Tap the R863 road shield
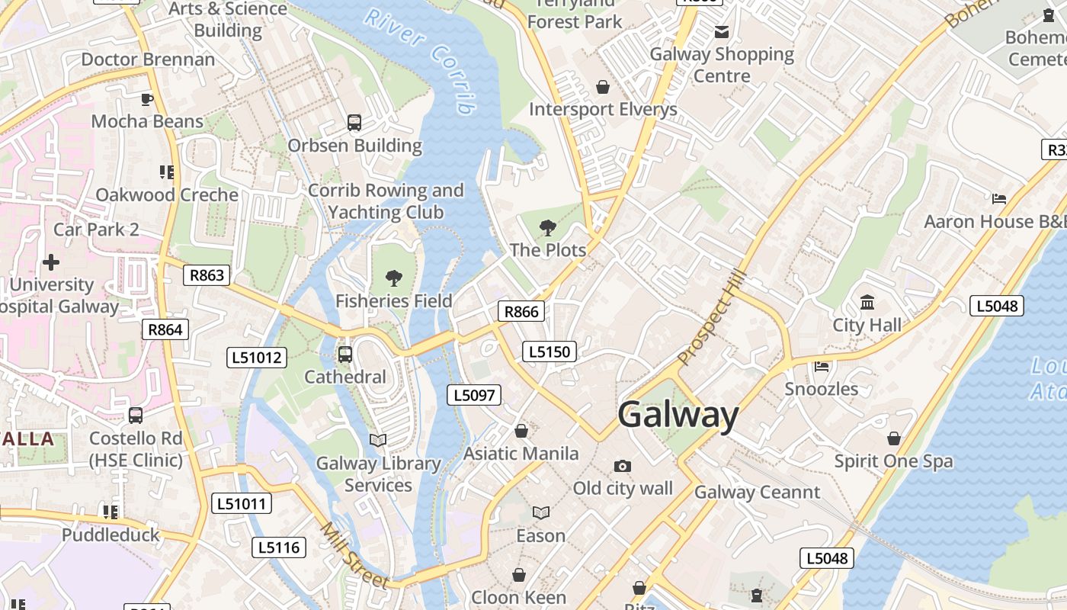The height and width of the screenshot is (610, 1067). coord(207,275)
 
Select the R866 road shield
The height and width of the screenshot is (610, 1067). coord(521,311)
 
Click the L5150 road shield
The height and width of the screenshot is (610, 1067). coord(550,352)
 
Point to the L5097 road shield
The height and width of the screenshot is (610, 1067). coord(473,395)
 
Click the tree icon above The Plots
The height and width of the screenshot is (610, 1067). coord(547,227)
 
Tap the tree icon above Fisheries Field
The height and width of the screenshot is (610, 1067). coord(393,278)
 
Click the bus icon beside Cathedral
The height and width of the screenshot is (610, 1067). coord(344,355)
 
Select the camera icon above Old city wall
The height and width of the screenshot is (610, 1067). coord(623,466)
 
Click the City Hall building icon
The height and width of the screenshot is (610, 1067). coord(867,303)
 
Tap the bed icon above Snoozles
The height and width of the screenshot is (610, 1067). coord(822,367)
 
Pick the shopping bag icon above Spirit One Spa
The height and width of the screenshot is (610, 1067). coord(893,439)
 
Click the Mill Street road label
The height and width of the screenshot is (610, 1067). coord(354,556)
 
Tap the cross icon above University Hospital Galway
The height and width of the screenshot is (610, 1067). coord(51,263)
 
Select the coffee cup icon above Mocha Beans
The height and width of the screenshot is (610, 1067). coord(146,99)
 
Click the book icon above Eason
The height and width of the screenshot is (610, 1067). coord(540,513)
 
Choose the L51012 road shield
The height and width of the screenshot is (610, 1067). coord(257,357)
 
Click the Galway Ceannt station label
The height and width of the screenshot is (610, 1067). coord(757,493)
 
